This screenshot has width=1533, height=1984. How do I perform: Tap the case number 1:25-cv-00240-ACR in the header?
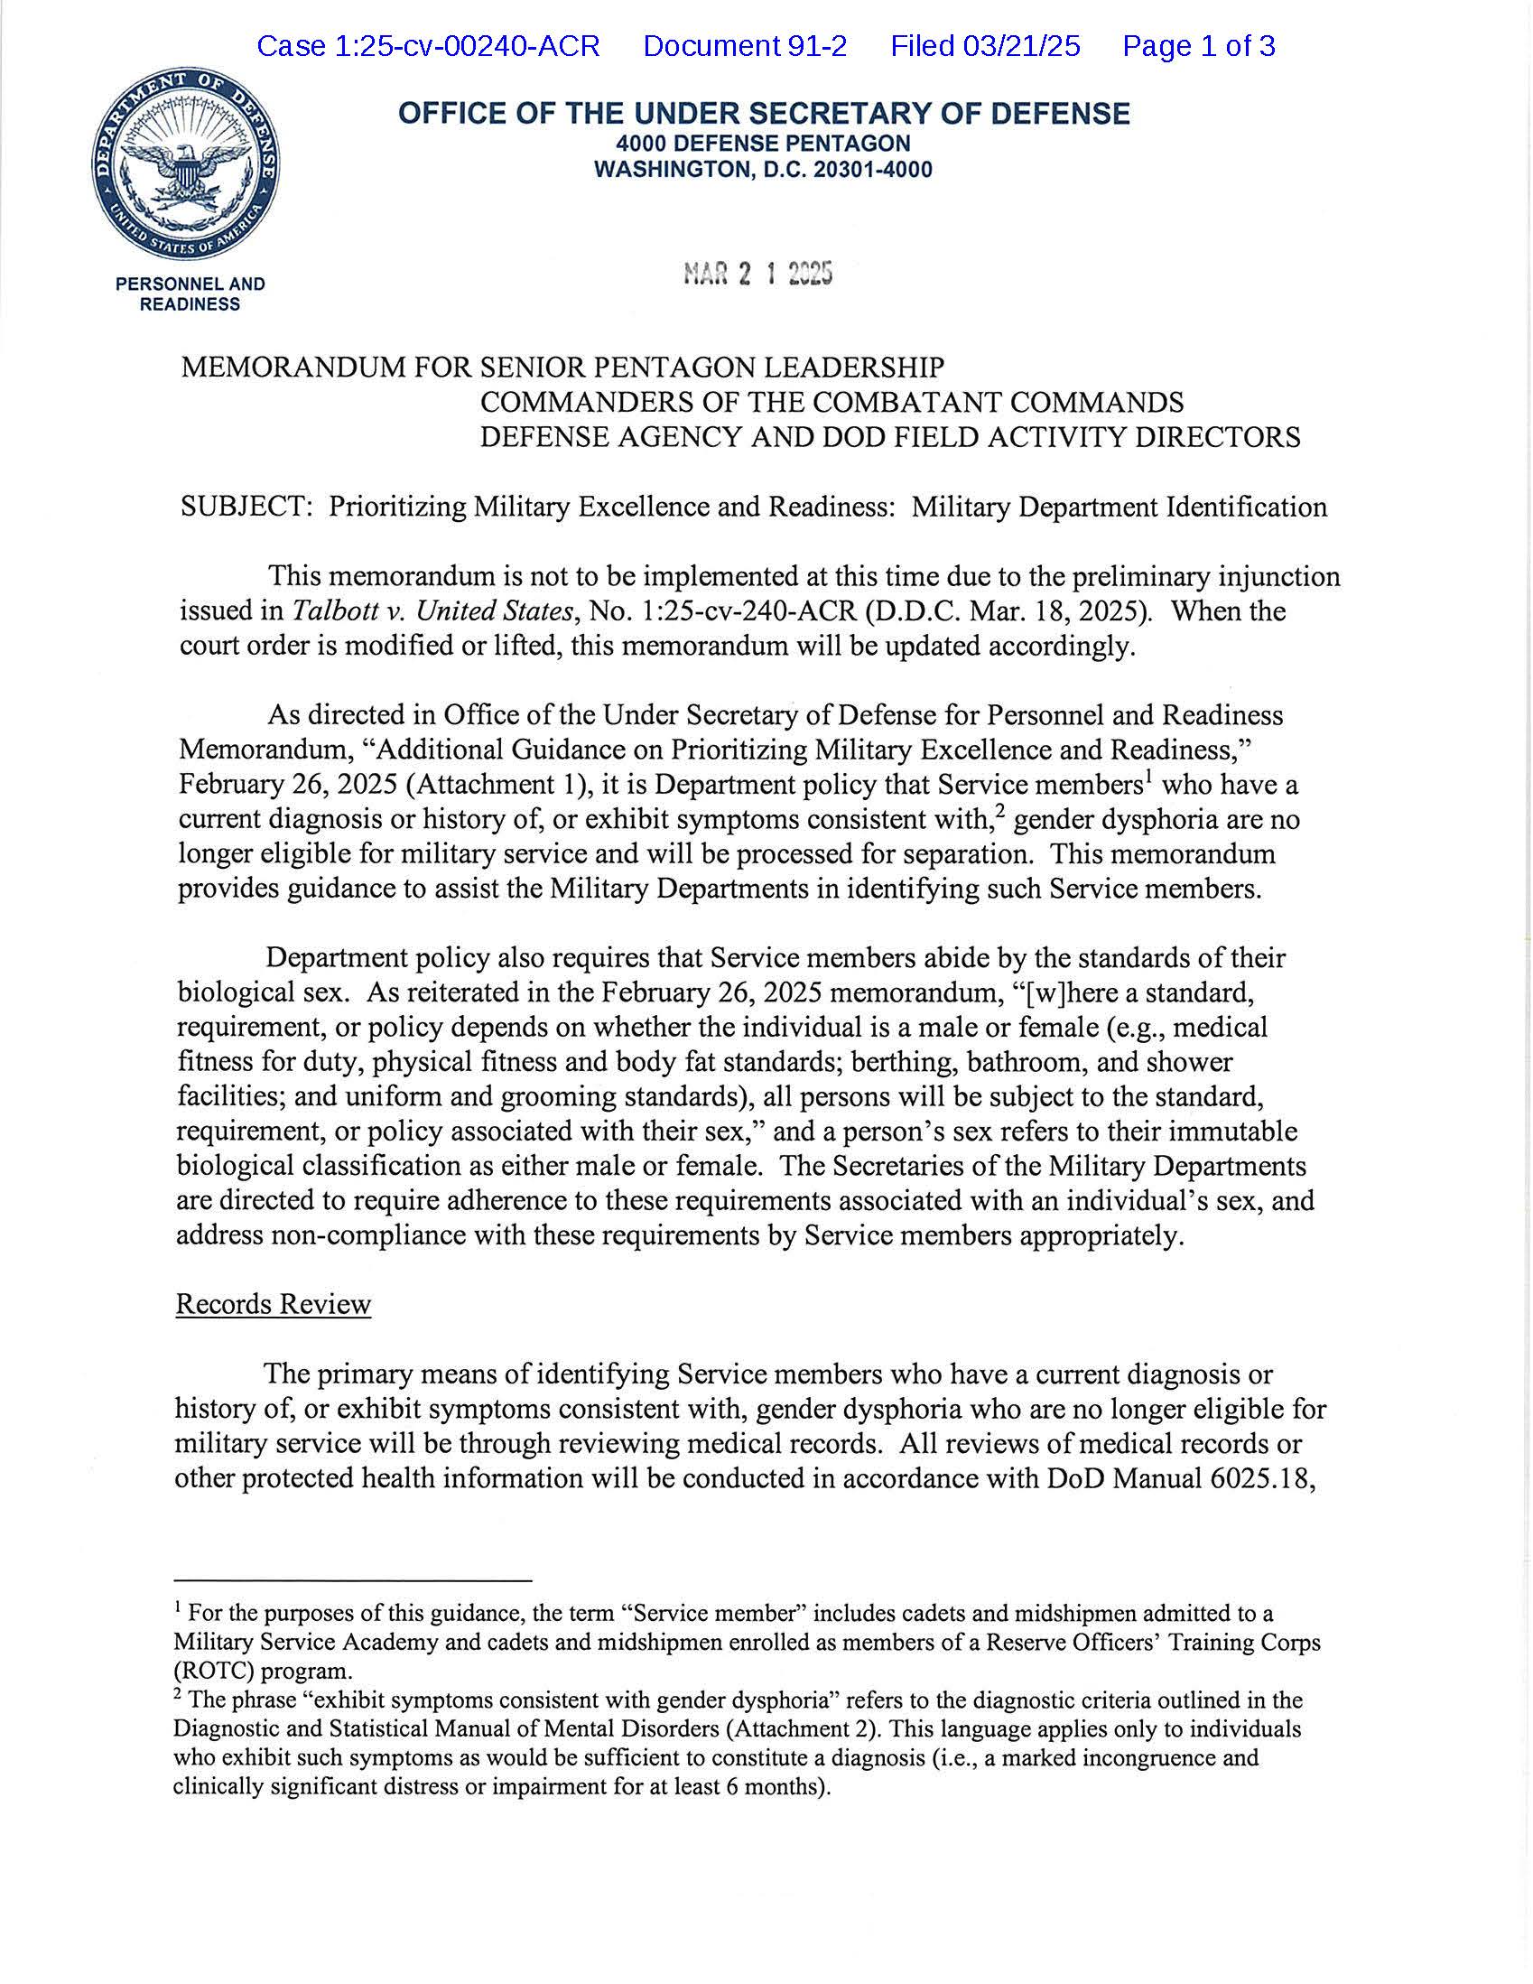coord(428,46)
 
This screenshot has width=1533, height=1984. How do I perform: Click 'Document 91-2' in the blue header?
coord(745,46)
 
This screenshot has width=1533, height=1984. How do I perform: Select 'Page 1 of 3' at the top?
coord(1198,46)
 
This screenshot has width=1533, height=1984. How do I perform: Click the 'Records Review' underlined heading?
coord(274,1304)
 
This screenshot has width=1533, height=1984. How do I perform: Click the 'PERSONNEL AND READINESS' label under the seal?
coord(190,294)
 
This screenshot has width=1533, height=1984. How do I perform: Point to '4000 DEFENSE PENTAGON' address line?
coord(763,144)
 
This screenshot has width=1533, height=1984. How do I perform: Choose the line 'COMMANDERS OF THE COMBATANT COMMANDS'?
coord(831,403)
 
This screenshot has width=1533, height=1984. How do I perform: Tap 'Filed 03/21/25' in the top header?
coord(984,46)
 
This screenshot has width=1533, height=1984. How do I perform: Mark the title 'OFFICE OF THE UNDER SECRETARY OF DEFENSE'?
coord(764,114)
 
